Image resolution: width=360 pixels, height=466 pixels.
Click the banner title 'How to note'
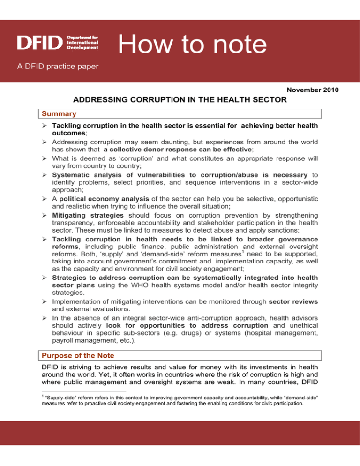click(192, 45)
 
